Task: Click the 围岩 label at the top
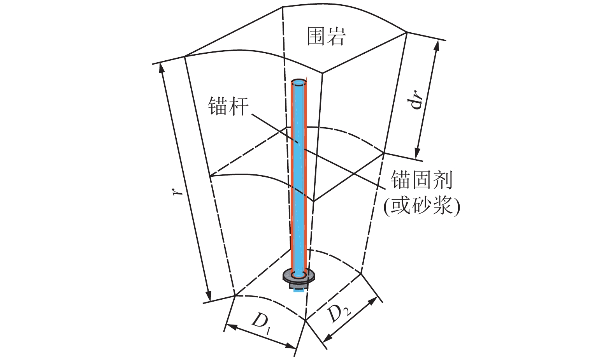click(x=326, y=37)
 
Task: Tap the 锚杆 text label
click(x=228, y=106)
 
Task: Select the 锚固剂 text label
click(x=422, y=180)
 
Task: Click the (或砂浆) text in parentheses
click(x=422, y=205)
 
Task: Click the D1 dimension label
click(x=261, y=323)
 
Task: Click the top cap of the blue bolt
click(x=299, y=83)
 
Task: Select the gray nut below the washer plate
click(x=298, y=285)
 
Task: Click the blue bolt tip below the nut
click(x=298, y=290)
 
